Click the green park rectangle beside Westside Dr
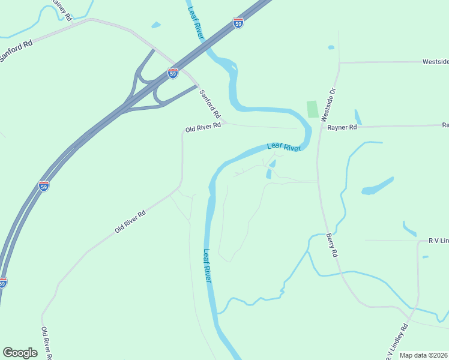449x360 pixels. (312, 109)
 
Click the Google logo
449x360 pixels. (20, 353)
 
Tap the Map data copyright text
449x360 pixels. (424, 355)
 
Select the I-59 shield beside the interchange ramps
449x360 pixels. (173, 73)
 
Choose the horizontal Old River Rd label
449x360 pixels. (203, 128)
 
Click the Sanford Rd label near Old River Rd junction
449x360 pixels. (210, 103)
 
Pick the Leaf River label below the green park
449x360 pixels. (283, 146)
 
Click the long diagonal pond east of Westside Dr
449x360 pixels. (378, 185)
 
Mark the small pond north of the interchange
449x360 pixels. (157, 25)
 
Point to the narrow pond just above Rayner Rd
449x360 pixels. (358, 116)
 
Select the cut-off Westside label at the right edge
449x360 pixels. (435, 62)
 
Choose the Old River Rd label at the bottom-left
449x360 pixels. (45, 343)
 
